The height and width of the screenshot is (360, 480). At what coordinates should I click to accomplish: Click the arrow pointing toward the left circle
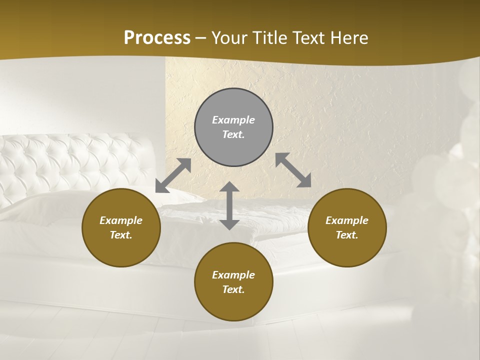pos(173,175)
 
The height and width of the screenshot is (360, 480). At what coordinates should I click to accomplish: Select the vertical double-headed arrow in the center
pos(229,205)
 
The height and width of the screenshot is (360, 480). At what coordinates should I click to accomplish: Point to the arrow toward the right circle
pos(293,170)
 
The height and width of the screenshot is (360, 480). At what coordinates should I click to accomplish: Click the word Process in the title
pos(157,38)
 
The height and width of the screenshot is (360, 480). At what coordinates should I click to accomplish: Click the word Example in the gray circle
pos(233,120)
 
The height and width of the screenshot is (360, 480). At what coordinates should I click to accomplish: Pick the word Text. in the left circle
pos(121,235)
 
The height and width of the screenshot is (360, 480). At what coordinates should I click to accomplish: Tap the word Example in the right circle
pos(347,220)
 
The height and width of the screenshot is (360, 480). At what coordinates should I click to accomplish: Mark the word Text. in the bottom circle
pos(233,289)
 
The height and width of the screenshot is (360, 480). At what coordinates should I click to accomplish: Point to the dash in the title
pos(201,38)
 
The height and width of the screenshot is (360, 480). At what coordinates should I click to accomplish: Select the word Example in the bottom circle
pos(233,275)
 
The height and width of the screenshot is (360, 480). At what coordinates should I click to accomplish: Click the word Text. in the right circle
pos(347,235)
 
